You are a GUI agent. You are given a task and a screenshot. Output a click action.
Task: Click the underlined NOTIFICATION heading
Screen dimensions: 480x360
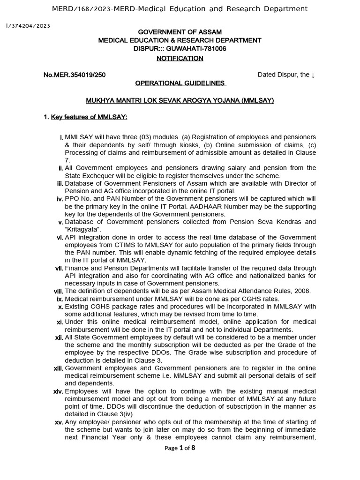180,58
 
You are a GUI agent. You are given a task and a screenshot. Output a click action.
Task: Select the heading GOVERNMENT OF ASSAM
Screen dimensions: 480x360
180,32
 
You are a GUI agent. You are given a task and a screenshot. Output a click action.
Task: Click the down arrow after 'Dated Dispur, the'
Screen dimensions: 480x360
313,75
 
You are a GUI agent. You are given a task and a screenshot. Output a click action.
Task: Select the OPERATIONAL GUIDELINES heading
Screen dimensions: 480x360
180,83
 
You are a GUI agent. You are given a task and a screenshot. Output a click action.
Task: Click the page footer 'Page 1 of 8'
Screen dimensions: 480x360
180,448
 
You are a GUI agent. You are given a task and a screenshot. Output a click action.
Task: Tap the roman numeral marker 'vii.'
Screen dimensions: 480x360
59,268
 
